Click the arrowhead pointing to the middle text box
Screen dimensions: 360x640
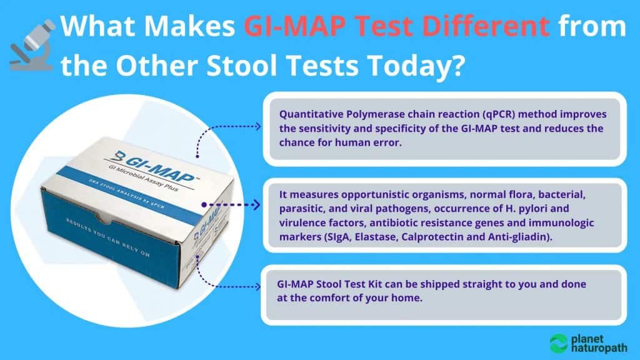coord(258,204)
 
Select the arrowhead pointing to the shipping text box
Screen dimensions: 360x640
coord(258,287)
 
